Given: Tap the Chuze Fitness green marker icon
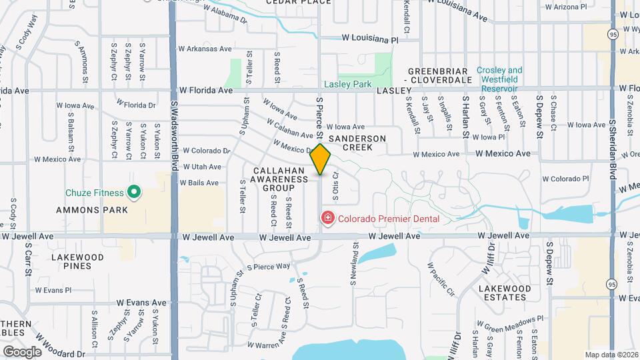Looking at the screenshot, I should [134, 193].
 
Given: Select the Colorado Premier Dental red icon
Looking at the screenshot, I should [328, 218].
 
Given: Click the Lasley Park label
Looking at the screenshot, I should [347, 85].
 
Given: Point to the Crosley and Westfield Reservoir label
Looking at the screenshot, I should [499, 79].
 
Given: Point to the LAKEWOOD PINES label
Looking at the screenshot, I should [77, 261].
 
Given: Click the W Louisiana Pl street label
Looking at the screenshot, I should [369, 40].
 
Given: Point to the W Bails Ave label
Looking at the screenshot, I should [201, 183].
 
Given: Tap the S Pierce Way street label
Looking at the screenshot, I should [269, 266].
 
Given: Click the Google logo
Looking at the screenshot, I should [22, 351].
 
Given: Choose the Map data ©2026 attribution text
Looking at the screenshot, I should [611, 355].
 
